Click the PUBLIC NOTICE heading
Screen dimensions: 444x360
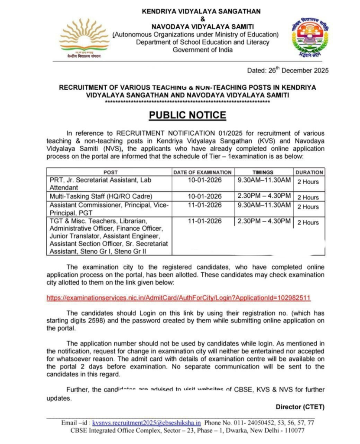(188, 115)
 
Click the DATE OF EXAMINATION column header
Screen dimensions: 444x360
(202, 172)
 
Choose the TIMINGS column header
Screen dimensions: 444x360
(263, 172)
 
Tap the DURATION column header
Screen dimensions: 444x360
(309, 172)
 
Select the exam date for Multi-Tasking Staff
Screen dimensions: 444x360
(204, 196)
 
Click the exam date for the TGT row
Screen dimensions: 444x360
(204, 221)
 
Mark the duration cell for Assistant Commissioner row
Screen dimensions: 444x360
(308, 207)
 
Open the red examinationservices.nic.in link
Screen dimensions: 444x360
(178, 298)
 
